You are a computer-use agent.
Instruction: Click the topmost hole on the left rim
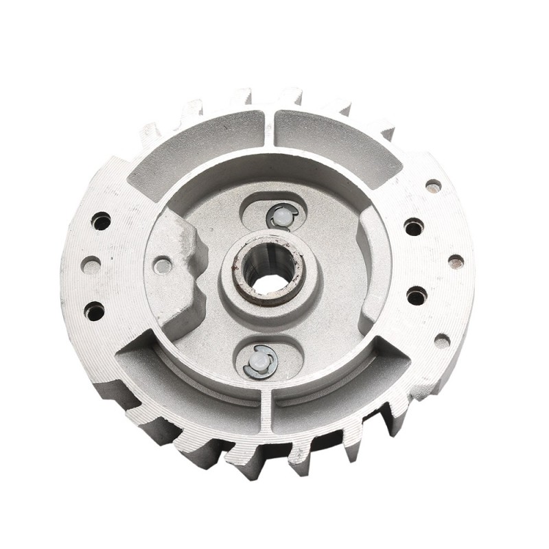coord(101,221)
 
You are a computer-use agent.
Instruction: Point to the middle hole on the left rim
coord(90,265)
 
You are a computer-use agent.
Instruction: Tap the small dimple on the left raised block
coord(162,266)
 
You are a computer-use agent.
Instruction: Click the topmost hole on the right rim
coord(433,185)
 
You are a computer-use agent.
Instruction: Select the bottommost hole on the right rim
coord(442,340)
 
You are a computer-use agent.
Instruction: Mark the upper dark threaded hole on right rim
coord(413,226)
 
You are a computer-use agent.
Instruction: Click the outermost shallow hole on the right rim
coord(456,261)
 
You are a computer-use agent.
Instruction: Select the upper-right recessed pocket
coord(336,141)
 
